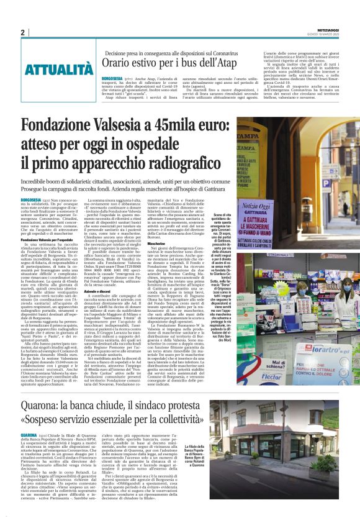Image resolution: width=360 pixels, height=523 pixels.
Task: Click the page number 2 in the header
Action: tap(23, 32)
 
